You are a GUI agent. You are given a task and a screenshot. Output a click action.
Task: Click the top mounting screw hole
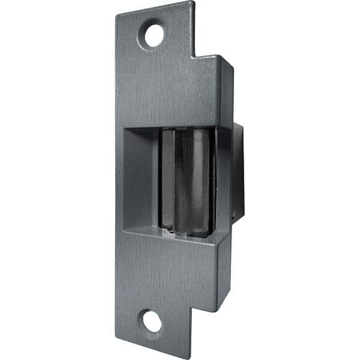[154, 35]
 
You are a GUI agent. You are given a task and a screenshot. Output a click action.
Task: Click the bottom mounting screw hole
[153, 322]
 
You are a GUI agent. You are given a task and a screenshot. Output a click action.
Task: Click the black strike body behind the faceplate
[238, 174]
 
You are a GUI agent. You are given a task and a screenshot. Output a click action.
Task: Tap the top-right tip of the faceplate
[193, 4]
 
